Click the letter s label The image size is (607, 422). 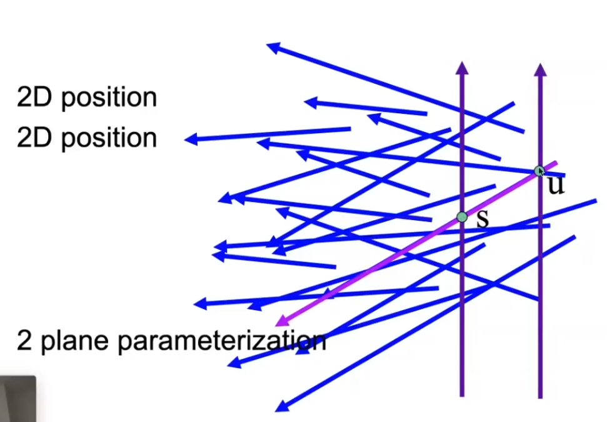482,219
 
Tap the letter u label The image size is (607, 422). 556,185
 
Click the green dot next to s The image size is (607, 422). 462,217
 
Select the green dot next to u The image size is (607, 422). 539,170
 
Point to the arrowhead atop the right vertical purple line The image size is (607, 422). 541,69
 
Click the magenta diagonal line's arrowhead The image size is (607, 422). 281,321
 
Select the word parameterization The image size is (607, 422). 221,341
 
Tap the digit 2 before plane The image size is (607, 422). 24,341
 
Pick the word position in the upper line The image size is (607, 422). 109,99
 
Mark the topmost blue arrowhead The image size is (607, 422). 273,46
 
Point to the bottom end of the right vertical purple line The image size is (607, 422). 540,396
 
